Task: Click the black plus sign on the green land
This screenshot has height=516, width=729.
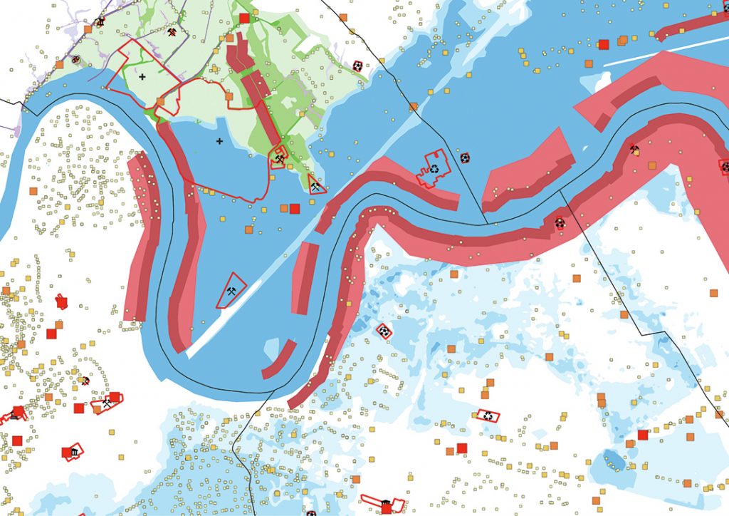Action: tap(142, 76)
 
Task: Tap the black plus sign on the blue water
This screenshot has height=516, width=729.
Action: tap(219, 141)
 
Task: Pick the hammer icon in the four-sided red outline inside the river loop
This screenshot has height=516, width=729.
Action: tap(231, 291)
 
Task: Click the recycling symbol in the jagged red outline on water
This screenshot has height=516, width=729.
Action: tap(434, 170)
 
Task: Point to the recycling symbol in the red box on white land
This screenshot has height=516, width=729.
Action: tap(488, 415)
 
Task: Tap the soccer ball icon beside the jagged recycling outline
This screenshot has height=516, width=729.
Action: tap(465, 158)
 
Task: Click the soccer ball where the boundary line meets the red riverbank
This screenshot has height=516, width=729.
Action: tap(560, 222)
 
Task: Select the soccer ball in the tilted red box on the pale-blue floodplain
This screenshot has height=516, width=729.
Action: tap(384, 331)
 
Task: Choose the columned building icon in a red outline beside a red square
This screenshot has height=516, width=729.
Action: tap(73, 452)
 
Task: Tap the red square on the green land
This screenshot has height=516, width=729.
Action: tap(244, 18)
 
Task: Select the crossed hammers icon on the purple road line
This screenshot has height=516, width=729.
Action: tap(172, 33)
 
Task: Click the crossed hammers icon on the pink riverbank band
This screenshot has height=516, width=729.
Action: tap(634, 150)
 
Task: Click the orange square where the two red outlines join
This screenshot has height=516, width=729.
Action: tap(160, 101)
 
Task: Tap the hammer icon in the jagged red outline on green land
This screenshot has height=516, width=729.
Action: tap(279, 158)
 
